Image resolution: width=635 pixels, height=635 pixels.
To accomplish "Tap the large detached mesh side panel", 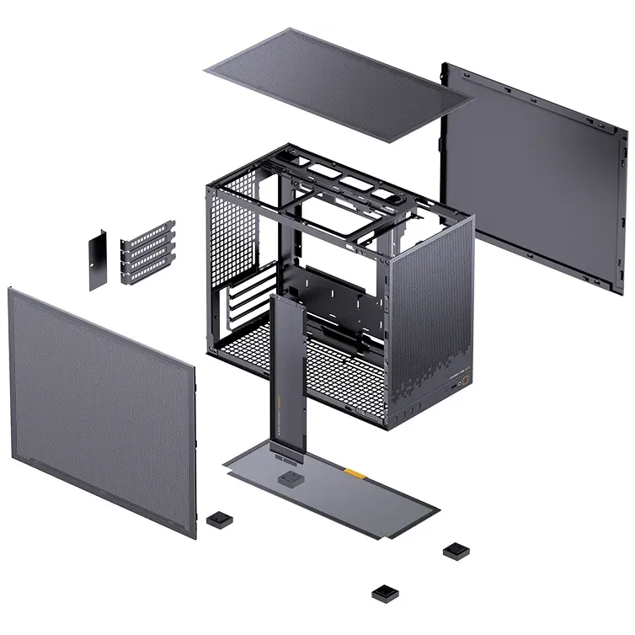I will click(x=101, y=404).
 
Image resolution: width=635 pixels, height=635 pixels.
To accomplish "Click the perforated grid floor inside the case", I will click(x=337, y=371).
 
